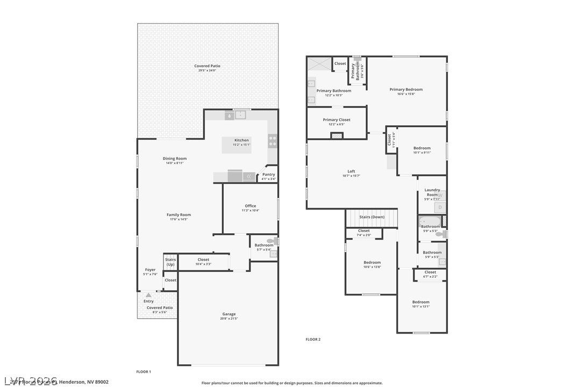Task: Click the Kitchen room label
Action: click(x=241, y=140)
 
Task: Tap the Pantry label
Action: click(x=268, y=175)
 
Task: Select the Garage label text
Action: click(x=229, y=314)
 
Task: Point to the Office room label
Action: click(x=251, y=206)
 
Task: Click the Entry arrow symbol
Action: click(x=148, y=295)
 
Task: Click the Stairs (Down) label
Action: click(x=372, y=217)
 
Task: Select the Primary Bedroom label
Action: click(x=406, y=90)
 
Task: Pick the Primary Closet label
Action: click(x=337, y=120)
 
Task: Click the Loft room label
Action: click(x=351, y=171)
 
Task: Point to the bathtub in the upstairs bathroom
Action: click(x=429, y=221)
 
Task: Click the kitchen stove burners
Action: click(x=273, y=141)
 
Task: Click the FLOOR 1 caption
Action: click(x=144, y=372)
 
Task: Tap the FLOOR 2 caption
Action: click(x=313, y=340)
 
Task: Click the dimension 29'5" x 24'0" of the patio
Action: click(x=207, y=70)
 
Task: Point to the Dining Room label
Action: click(x=175, y=159)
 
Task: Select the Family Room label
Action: click(x=179, y=215)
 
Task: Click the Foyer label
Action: click(x=150, y=270)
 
